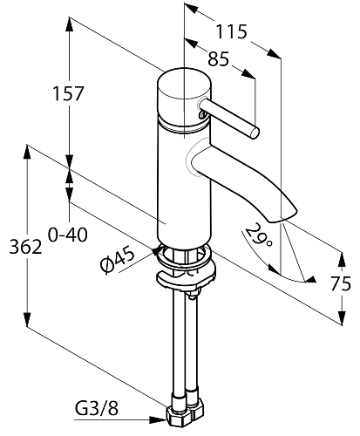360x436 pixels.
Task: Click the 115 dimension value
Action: (x=231, y=31)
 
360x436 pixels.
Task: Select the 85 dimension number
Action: (x=219, y=58)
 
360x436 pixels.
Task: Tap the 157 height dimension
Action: (x=68, y=93)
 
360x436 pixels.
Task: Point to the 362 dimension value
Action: (x=26, y=247)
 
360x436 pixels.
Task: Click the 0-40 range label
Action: (x=67, y=235)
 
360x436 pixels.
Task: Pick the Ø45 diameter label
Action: (x=118, y=260)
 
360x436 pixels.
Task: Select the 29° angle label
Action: (x=259, y=235)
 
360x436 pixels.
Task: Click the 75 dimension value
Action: (x=341, y=283)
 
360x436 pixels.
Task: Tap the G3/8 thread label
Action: (x=97, y=409)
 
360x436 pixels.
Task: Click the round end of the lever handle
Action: (x=254, y=133)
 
